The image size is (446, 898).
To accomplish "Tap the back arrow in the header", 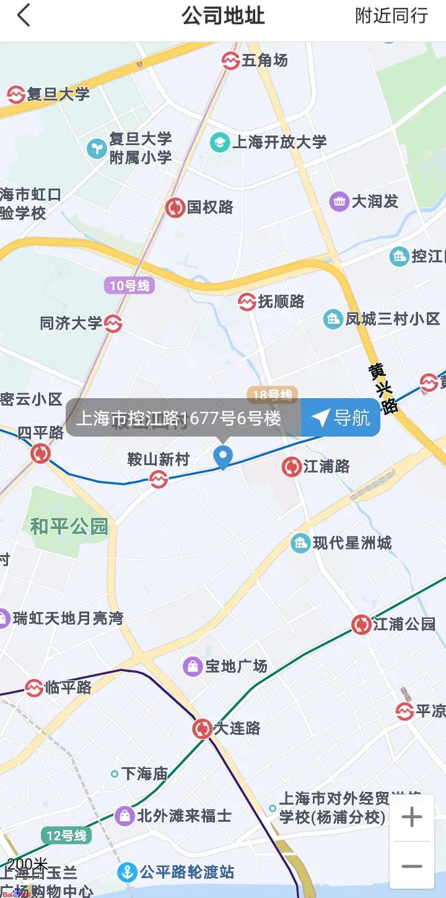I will [x=24, y=16].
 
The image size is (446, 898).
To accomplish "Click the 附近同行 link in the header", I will [x=391, y=16].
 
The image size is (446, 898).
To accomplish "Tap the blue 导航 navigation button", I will [x=341, y=418].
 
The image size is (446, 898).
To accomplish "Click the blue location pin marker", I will [x=222, y=457].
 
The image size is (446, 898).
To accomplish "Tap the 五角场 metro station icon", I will [x=231, y=60].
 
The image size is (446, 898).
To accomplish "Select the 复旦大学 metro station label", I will [x=59, y=94].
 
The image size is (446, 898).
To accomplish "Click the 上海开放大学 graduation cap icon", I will [x=219, y=142].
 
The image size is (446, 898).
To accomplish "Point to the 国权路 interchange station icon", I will [x=175, y=207].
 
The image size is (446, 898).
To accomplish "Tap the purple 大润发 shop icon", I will [x=339, y=202].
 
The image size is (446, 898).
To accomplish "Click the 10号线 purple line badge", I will [x=129, y=286].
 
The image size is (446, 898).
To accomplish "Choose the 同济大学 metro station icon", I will [x=113, y=324].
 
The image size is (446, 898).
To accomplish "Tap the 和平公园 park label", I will [x=69, y=527].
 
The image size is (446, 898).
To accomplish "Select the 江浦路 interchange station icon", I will [x=291, y=466].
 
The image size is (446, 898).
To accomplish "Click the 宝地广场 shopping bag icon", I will [x=193, y=667].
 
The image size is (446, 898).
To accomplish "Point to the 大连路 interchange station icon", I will [x=203, y=728].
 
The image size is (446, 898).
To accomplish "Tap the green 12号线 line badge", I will [x=66, y=835].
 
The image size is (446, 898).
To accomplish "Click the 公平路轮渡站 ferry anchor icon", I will [x=127, y=873].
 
